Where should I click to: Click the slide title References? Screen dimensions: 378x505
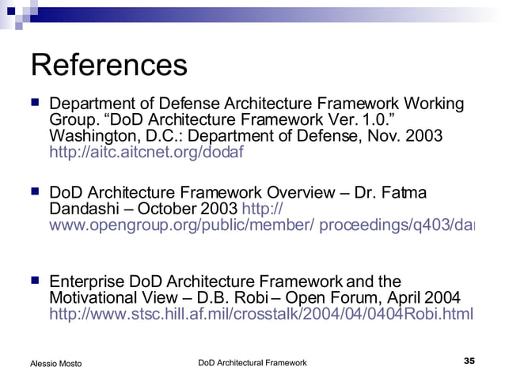108,66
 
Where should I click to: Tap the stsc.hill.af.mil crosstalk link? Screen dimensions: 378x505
260,314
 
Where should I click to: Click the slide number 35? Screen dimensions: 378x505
469,361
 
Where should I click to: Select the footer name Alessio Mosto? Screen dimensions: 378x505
55,363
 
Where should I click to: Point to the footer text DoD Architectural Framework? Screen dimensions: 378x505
252,362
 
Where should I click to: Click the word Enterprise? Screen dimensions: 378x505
86,282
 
